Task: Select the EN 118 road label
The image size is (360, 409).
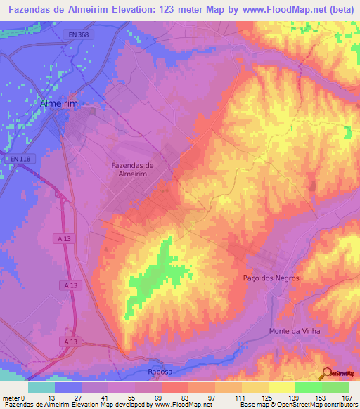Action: (20, 159)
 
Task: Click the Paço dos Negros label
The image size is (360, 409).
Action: (271, 278)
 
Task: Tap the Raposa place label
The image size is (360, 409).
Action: (160, 371)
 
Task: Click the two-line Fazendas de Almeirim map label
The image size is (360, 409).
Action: (133, 169)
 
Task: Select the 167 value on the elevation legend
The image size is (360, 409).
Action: (347, 398)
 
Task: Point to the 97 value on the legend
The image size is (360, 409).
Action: (208, 398)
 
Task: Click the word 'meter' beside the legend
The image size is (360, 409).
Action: (11, 398)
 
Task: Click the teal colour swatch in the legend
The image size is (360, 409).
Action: (41, 387)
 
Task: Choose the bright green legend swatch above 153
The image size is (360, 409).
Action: (309, 387)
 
